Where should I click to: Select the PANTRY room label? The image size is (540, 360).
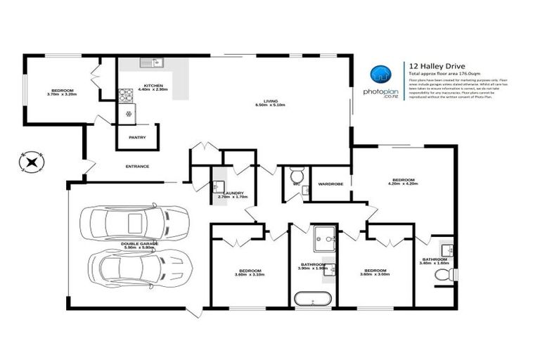(137, 137)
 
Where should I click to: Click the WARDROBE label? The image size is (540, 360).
(330, 184)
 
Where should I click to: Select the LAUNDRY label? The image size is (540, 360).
(231, 194)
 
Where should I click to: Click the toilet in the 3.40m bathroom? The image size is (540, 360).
(443, 276)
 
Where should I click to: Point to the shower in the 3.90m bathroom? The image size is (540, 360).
(325, 237)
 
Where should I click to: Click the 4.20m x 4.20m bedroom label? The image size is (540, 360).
(402, 181)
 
